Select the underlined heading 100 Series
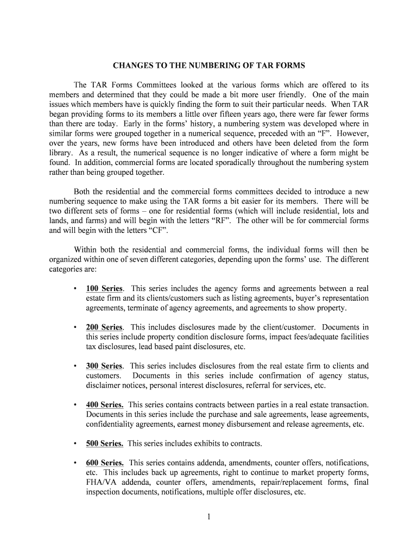click(x=104, y=288)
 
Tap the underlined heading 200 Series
click(x=104, y=327)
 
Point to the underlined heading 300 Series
click(x=104, y=366)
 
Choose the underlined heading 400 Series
click(x=104, y=405)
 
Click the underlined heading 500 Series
click(x=104, y=444)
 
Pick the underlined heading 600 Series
click(x=104, y=463)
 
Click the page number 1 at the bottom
click(x=208, y=516)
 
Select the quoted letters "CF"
click(x=156, y=230)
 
